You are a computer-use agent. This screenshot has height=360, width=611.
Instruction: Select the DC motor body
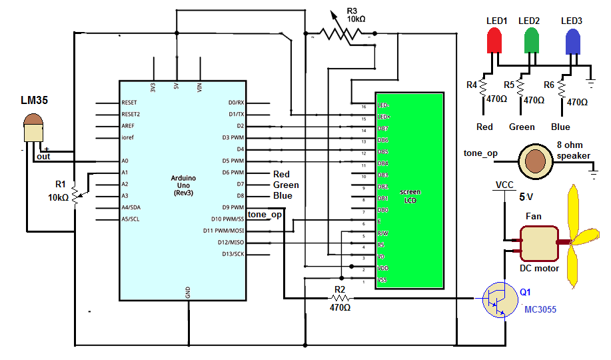click(x=538, y=243)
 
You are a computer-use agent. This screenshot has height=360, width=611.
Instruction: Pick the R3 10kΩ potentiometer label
click(x=356, y=15)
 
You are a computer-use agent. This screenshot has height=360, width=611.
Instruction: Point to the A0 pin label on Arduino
click(x=126, y=161)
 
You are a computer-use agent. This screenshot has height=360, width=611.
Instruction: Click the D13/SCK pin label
click(x=233, y=254)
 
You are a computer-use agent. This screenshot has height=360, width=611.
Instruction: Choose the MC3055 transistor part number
click(x=540, y=310)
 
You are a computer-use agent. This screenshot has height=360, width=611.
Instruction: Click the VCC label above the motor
click(x=504, y=185)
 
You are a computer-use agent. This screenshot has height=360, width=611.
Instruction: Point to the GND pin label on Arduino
click(x=187, y=292)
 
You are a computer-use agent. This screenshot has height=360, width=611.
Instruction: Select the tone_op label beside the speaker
click(x=481, y=154)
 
